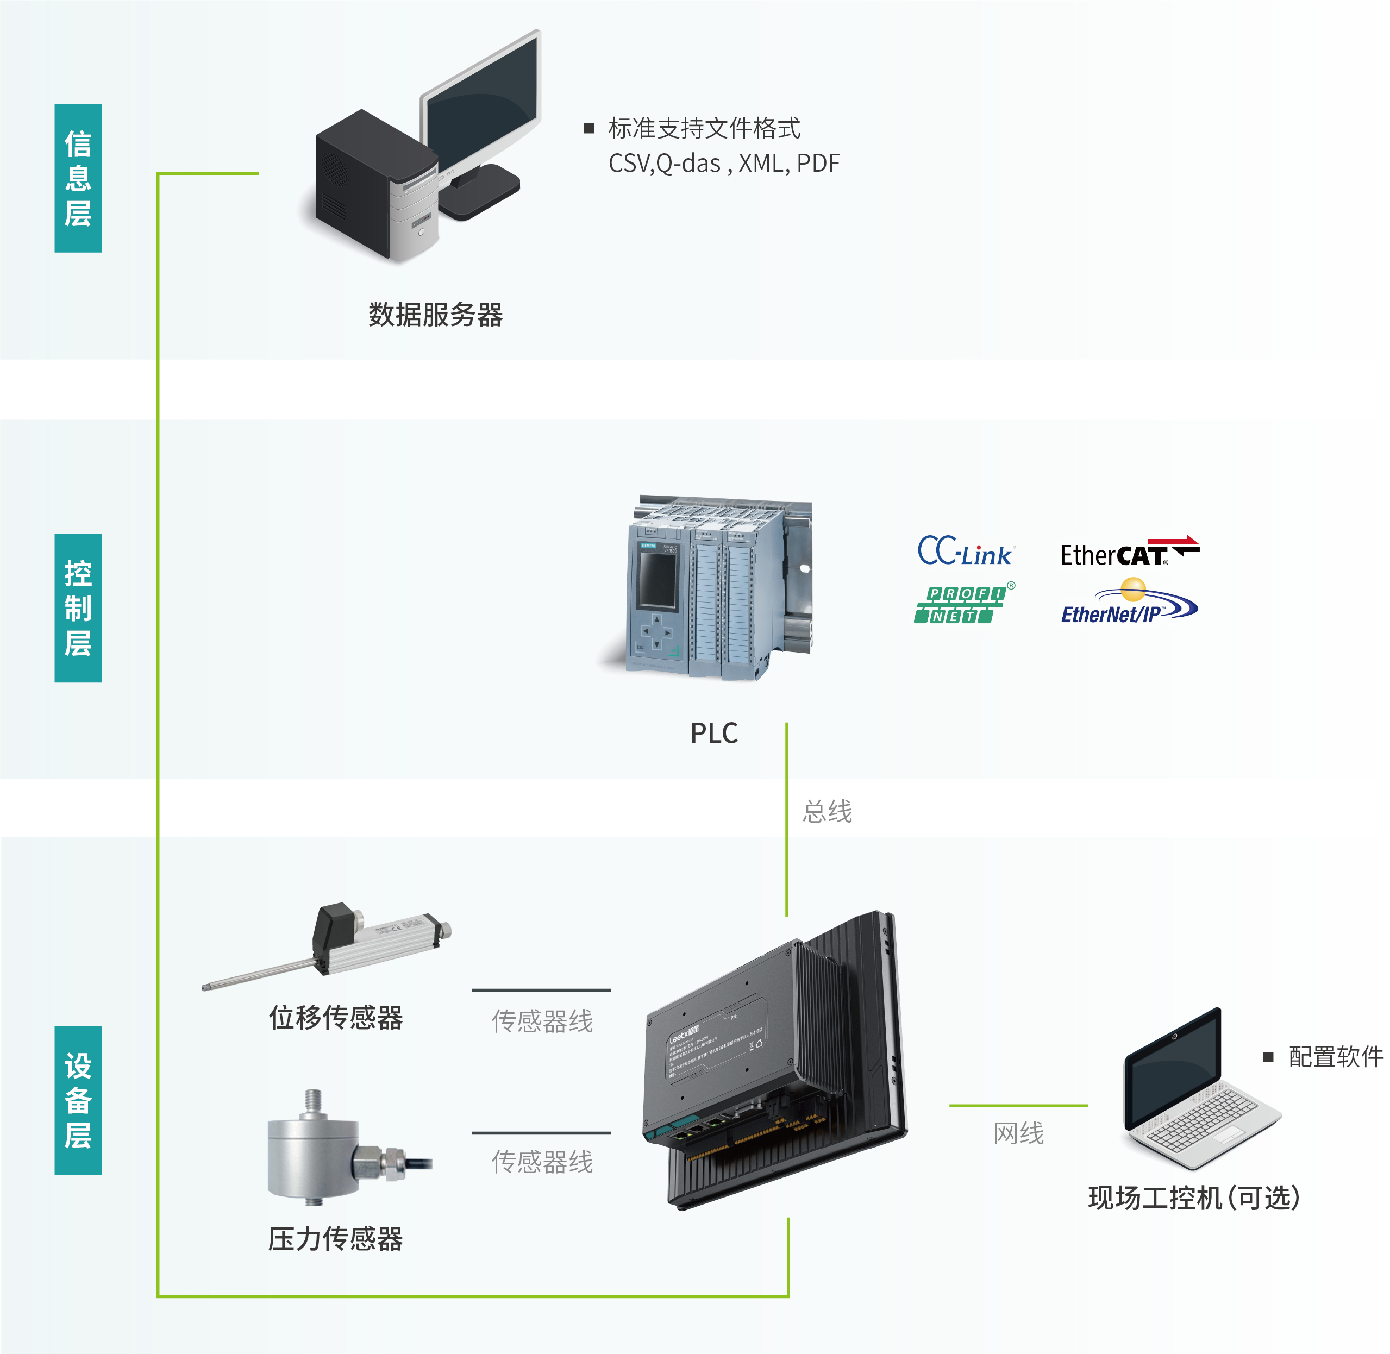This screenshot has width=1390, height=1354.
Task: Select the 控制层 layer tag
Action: pyautogui.click(x=78, y=608)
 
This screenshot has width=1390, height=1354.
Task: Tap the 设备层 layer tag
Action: pyautogui.click(x=78, y=1100)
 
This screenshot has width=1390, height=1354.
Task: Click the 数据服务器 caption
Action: pyautogui.click(x=435, y=314)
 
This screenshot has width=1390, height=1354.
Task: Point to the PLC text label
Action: pyautogui.click(x=714, y=733)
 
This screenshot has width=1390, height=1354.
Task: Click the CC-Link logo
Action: pyautogui.click(x=965, y=552)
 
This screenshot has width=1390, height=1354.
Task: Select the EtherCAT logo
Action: pyautogui.click(x=1129, y=553)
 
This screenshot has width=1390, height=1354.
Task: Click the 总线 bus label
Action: pyautogui.click(x=827, y=811)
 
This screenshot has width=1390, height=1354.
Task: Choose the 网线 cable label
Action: pyautogui.click(x=1019, y=1133)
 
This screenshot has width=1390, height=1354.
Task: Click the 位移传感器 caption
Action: pyautogui.click(x=336, y=1018)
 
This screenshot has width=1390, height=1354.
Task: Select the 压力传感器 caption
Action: pyautogui.click(x=336, y=1239)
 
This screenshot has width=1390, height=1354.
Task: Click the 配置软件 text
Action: pyautogui.click(x=1335, y=1057)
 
